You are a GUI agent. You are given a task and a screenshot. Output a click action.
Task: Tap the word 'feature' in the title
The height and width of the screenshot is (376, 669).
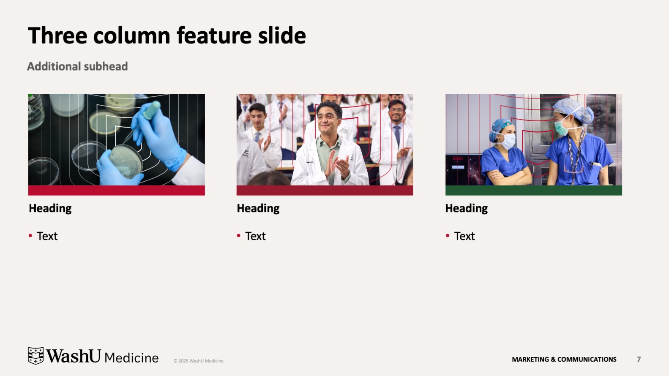[x=214, y=35]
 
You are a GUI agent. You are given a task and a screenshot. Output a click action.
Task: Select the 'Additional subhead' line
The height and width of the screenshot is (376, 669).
[x=77, y=66]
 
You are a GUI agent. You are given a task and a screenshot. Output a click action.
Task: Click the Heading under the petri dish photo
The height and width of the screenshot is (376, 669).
[x=50, y=208]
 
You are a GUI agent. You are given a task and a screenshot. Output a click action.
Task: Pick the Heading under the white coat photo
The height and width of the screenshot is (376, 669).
[x=258, y=208]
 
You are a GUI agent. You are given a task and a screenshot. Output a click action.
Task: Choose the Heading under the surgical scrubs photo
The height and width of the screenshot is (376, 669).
[x=467, y=208]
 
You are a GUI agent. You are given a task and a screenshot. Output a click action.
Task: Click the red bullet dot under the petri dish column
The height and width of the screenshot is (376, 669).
[x=30, y=235]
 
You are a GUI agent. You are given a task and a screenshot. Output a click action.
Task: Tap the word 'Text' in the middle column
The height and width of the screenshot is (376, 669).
[x=256, y=236]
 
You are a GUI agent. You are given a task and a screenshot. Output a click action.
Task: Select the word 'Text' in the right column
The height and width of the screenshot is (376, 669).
[x=464, y=236]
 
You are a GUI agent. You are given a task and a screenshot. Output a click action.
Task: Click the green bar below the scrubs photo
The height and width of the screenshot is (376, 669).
[x=533, y=191]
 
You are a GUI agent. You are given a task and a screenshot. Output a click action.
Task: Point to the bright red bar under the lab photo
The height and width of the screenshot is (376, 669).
[x=116, y=191]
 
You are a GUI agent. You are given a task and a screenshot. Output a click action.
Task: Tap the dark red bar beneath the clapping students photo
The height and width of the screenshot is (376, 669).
[x=325, y=191]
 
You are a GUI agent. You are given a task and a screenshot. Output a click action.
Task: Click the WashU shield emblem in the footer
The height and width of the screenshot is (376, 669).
[x=35, y=356]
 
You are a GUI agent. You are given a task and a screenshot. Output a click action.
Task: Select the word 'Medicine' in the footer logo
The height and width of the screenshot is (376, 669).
[x=131, y=358]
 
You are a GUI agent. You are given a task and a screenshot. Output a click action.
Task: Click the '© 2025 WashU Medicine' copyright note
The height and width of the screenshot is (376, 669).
[x=198, y=361]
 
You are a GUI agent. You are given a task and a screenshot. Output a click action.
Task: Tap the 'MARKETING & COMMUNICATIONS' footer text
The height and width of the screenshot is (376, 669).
[x=564, y=360]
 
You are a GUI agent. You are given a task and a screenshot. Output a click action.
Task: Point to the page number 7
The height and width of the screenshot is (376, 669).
[x=639, y=360]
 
